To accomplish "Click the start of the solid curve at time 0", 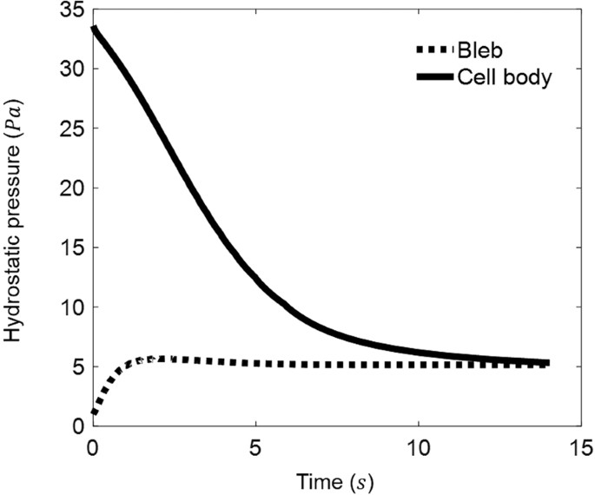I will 94,30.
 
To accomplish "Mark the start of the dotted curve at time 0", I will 94,412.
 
